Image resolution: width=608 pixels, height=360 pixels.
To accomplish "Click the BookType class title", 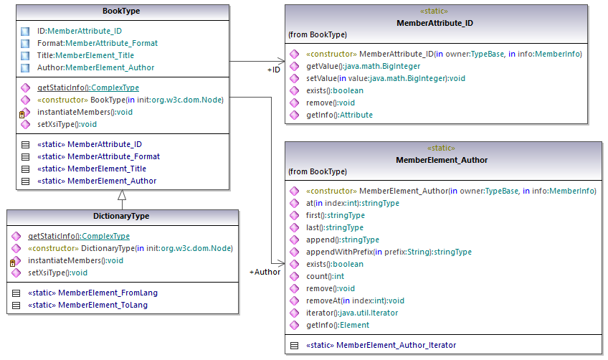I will point(121,11).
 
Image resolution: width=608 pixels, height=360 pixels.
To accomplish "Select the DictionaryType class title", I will point(121,216).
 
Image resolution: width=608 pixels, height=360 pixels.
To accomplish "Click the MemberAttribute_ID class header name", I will point(445,23).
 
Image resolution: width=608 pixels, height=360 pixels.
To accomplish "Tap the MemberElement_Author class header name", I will point(445,160).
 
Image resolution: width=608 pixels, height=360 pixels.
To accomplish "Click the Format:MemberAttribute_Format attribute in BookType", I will point(97,43).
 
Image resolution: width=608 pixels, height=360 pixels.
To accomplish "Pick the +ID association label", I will point(273,70).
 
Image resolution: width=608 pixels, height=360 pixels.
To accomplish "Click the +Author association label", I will point(265,273).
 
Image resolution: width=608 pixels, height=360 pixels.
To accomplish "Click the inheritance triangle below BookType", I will point(122,195).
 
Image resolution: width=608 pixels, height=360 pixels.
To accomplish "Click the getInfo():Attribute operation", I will point(339,115).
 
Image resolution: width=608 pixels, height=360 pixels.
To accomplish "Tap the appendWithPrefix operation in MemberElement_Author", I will point(389,252).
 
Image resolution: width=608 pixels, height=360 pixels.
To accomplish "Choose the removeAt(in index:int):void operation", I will point(355,300).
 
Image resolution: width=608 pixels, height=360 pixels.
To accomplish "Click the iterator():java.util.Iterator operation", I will point(352,313).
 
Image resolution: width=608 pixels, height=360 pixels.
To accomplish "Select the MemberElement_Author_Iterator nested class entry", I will point(380,345).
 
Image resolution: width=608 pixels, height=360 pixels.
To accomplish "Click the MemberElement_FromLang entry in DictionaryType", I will point(92,293).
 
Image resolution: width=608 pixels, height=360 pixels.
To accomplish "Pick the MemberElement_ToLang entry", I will point(88,305).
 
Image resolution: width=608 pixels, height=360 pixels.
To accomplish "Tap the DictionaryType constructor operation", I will point(130,248).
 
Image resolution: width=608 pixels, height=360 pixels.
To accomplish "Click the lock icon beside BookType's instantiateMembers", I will point(23,113).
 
